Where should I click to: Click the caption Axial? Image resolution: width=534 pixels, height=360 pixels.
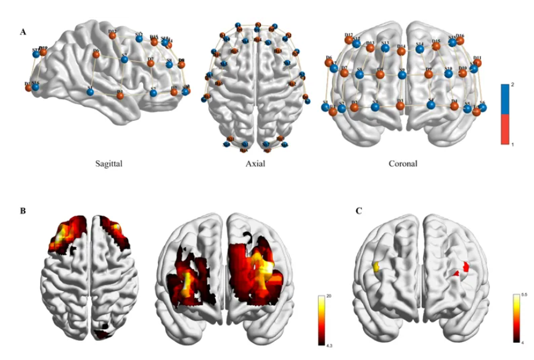point(253,165)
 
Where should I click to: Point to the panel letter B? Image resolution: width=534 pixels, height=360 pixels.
point(23,211)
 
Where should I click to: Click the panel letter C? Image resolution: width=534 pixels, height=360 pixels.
point(359,211)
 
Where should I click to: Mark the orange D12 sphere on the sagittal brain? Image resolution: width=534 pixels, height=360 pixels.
point(113,35)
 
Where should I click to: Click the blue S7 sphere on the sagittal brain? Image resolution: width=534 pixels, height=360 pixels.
point(124,60)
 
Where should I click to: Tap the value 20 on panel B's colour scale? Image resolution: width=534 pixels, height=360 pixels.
point(329,297)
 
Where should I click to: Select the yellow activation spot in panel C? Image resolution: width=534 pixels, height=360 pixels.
point(375,267)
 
